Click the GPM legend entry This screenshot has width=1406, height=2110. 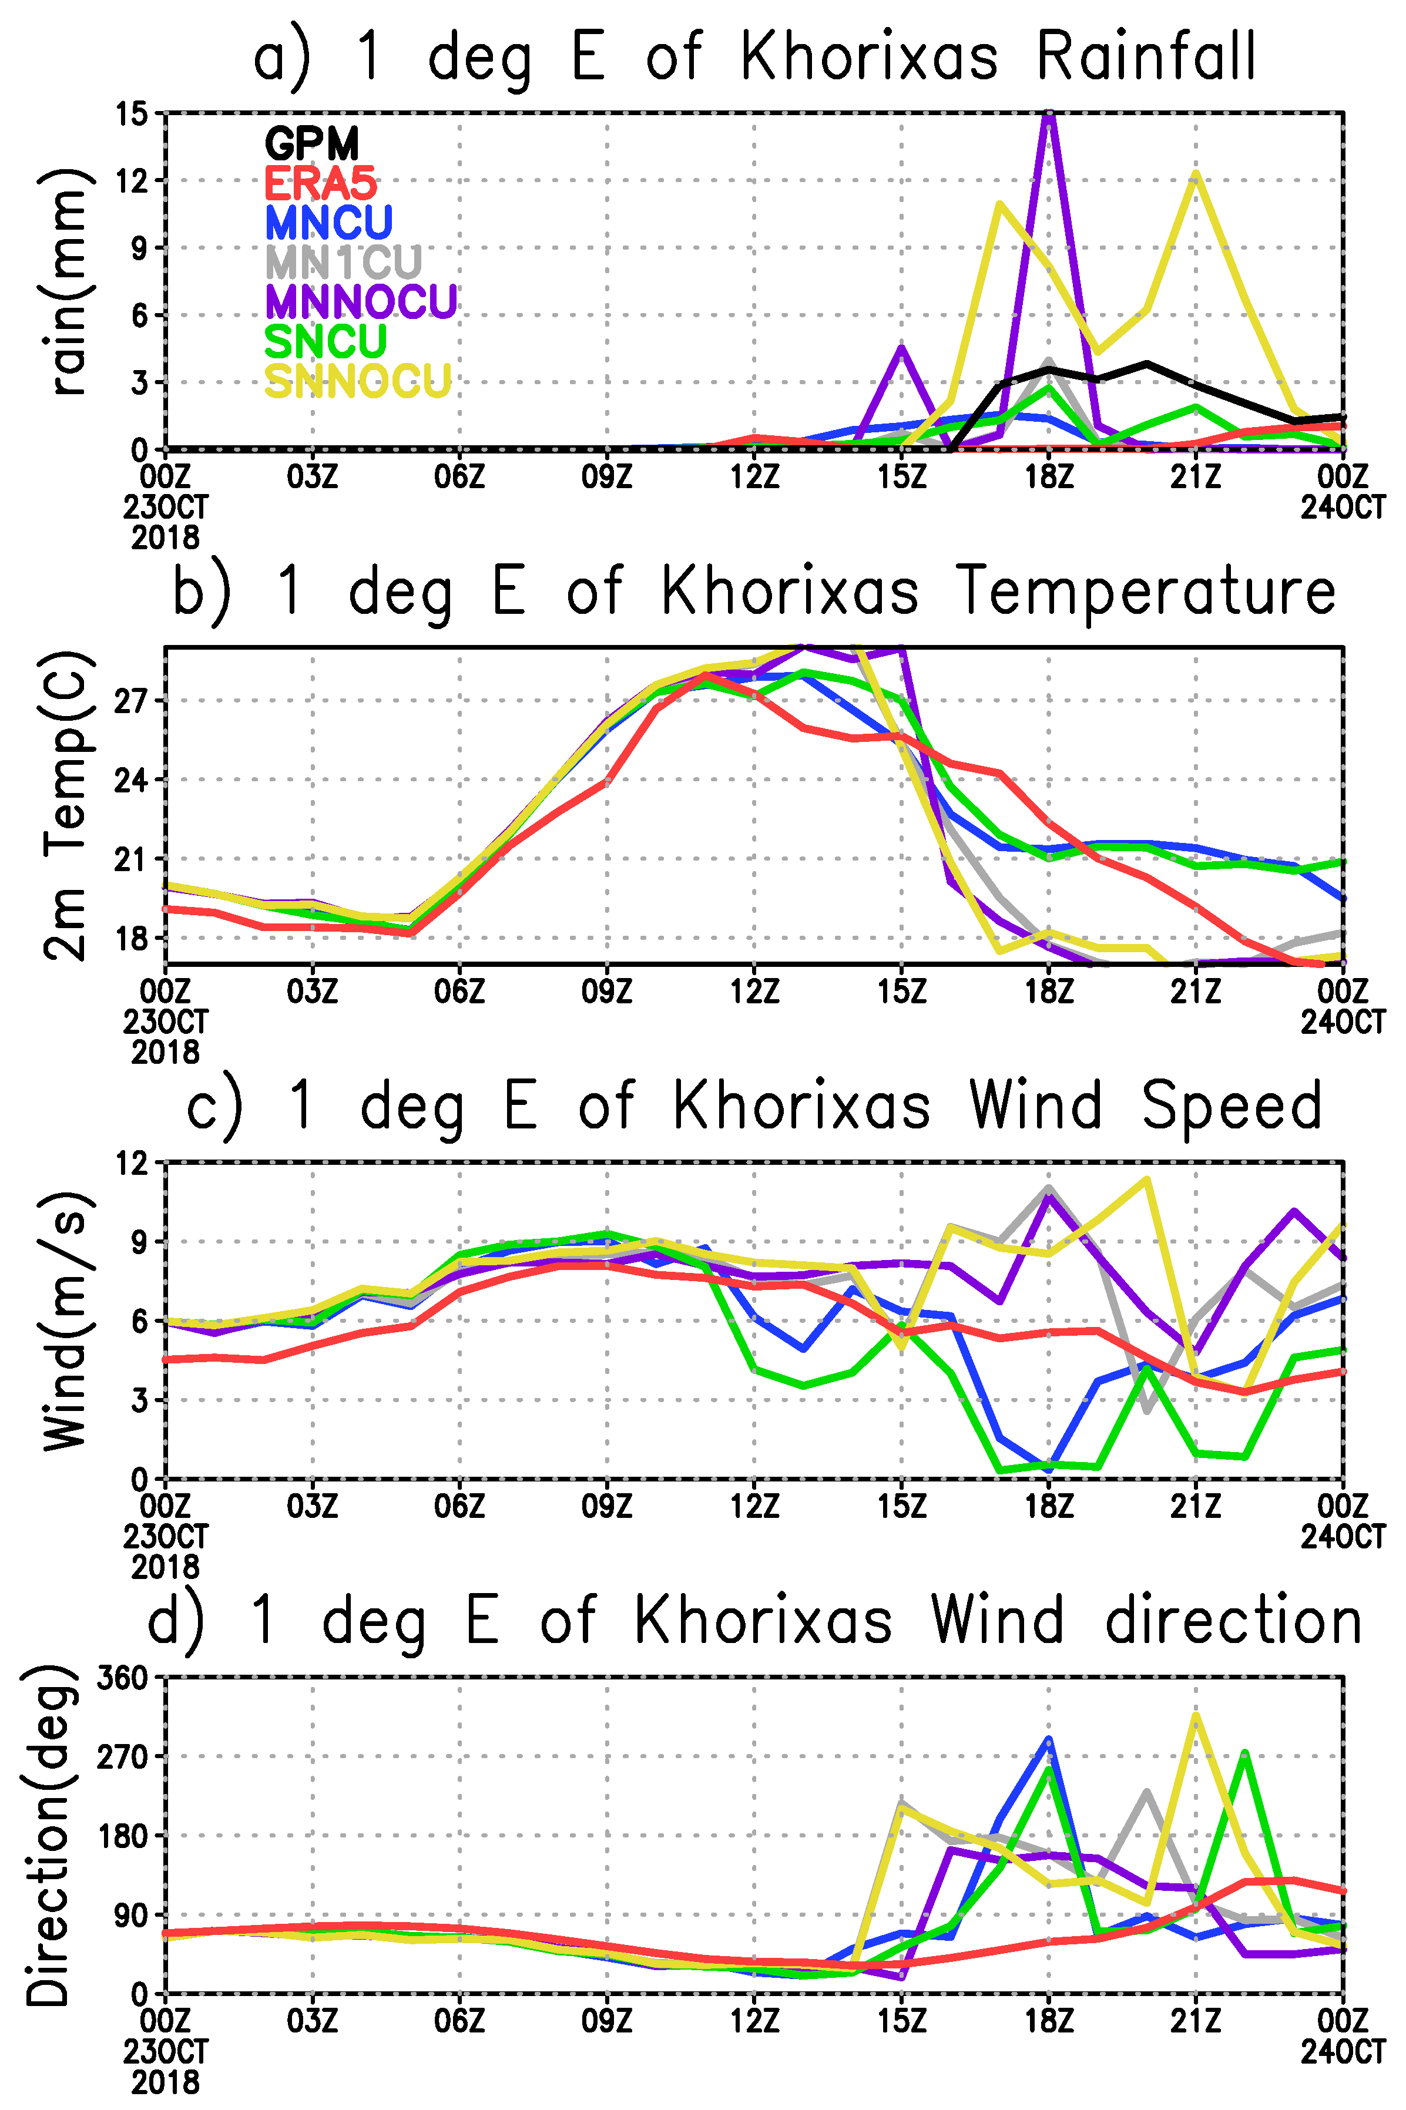point(311,143)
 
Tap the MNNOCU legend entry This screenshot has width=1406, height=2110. point(361,301)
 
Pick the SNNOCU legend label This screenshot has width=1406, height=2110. point(358,381)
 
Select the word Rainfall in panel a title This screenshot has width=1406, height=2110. point(1146,56)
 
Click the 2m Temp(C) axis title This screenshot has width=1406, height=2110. point(66,805)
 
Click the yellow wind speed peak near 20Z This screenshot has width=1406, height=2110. point(1146,1181)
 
